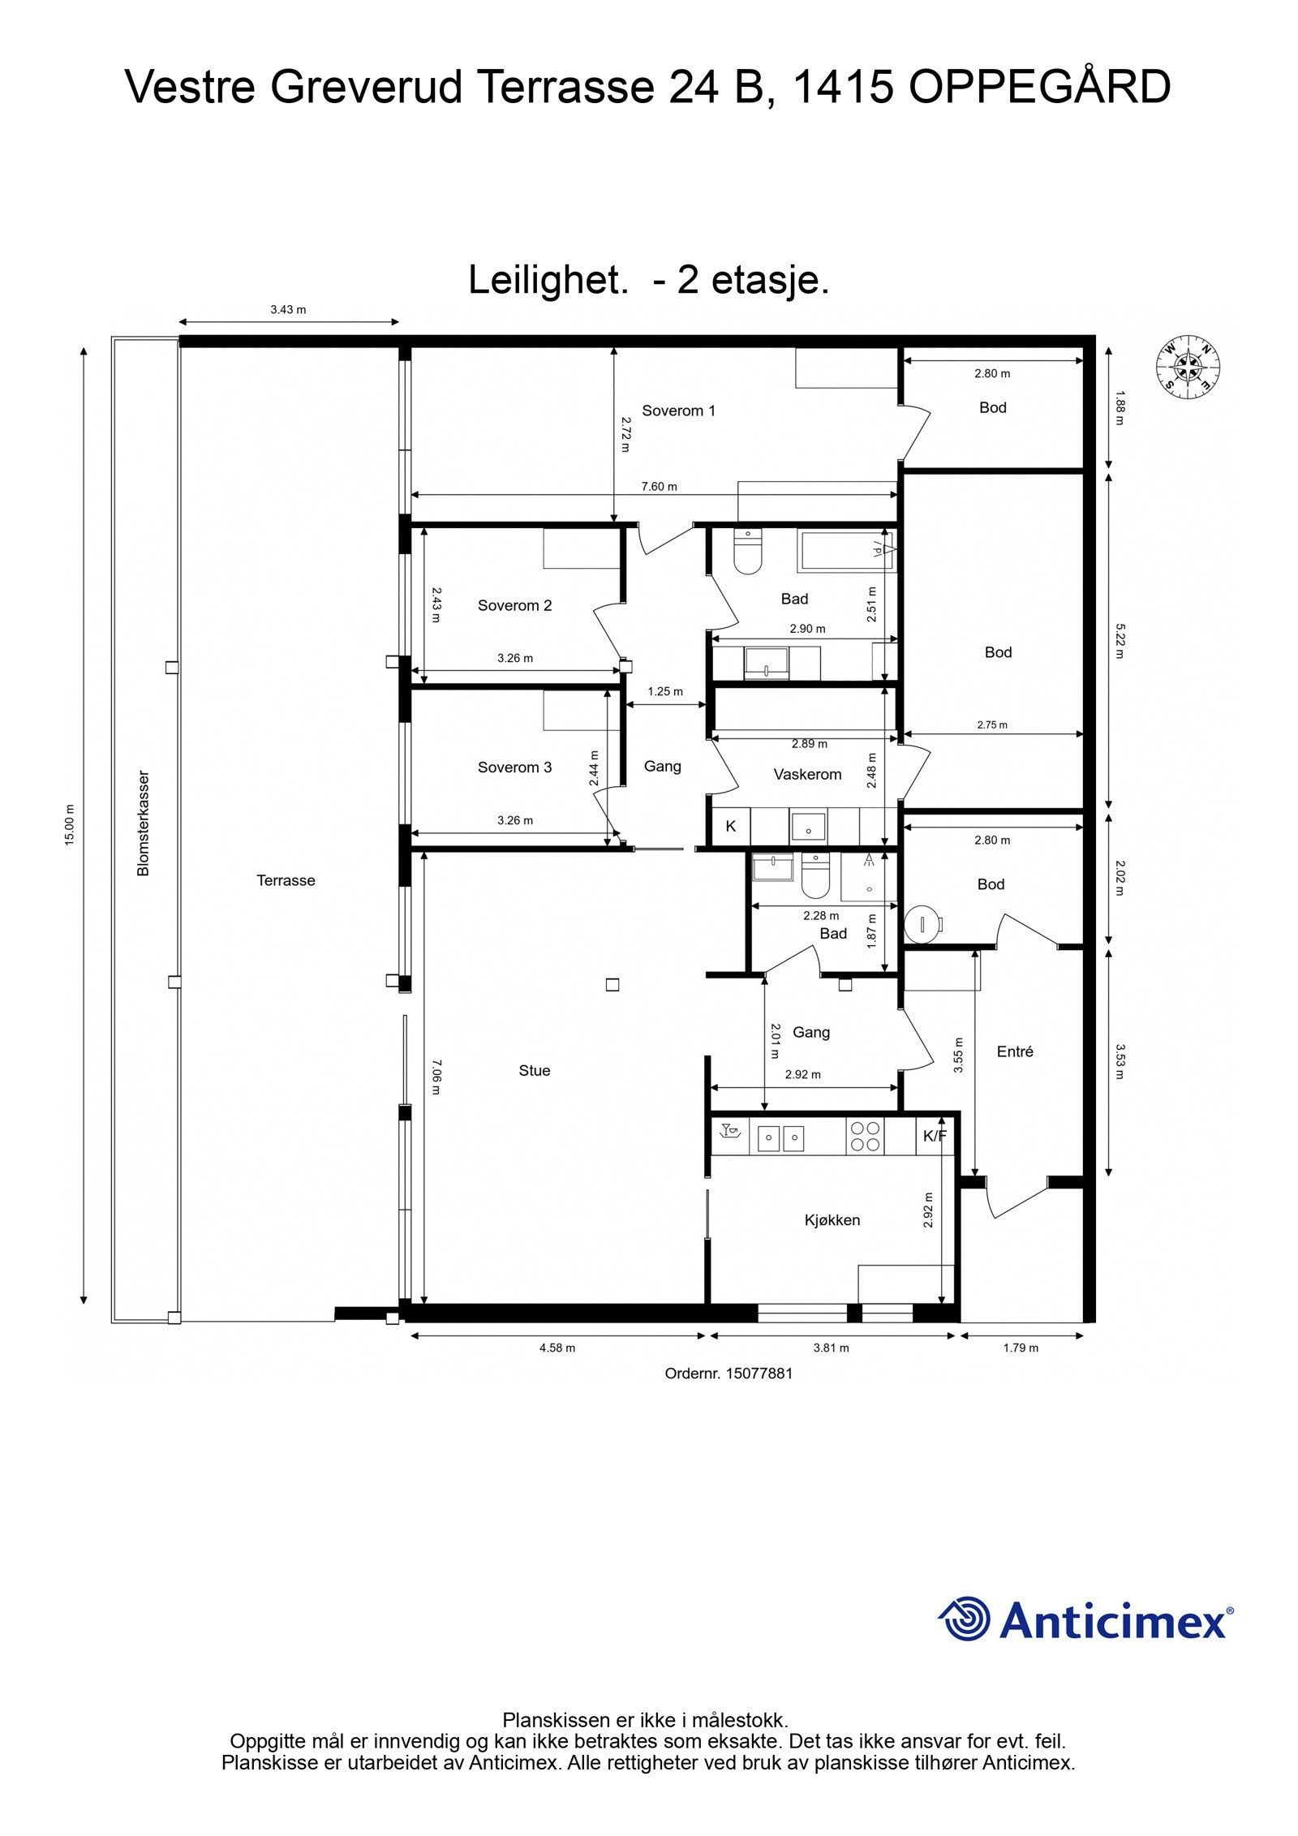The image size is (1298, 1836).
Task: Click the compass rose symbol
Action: click(1188, 367)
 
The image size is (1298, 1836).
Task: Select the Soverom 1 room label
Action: click(678, 411)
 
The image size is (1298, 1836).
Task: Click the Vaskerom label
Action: click(806, 774)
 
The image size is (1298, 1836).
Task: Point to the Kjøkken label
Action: click(832, 1219)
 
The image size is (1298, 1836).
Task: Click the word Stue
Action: click(534, 1070)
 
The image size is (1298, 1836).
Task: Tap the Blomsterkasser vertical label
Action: click(144, 823)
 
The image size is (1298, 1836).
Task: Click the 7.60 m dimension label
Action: click(659, 487)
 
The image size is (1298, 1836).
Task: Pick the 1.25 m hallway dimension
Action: click(664, 692)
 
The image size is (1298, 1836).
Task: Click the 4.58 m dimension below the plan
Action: click(557, 1348)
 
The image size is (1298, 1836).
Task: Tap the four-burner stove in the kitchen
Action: click(863, 1136)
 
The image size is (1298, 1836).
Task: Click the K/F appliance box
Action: click(935, 1136)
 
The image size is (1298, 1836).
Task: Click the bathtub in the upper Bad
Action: click(846, 550)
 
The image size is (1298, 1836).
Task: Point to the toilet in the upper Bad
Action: click(747, 553)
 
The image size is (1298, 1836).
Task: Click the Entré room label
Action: click(1014, 1051)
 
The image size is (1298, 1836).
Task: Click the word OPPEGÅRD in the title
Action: click(1039, 88)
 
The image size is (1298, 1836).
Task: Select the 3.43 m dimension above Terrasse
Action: click(288, 309)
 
